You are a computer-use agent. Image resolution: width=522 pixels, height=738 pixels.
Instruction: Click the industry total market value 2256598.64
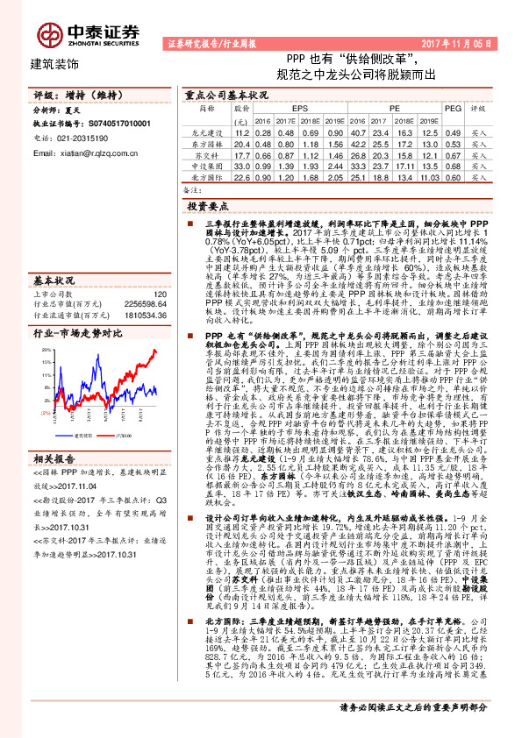click(140, 304)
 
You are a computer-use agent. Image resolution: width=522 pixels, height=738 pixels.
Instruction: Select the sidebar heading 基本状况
click(50, 281)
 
